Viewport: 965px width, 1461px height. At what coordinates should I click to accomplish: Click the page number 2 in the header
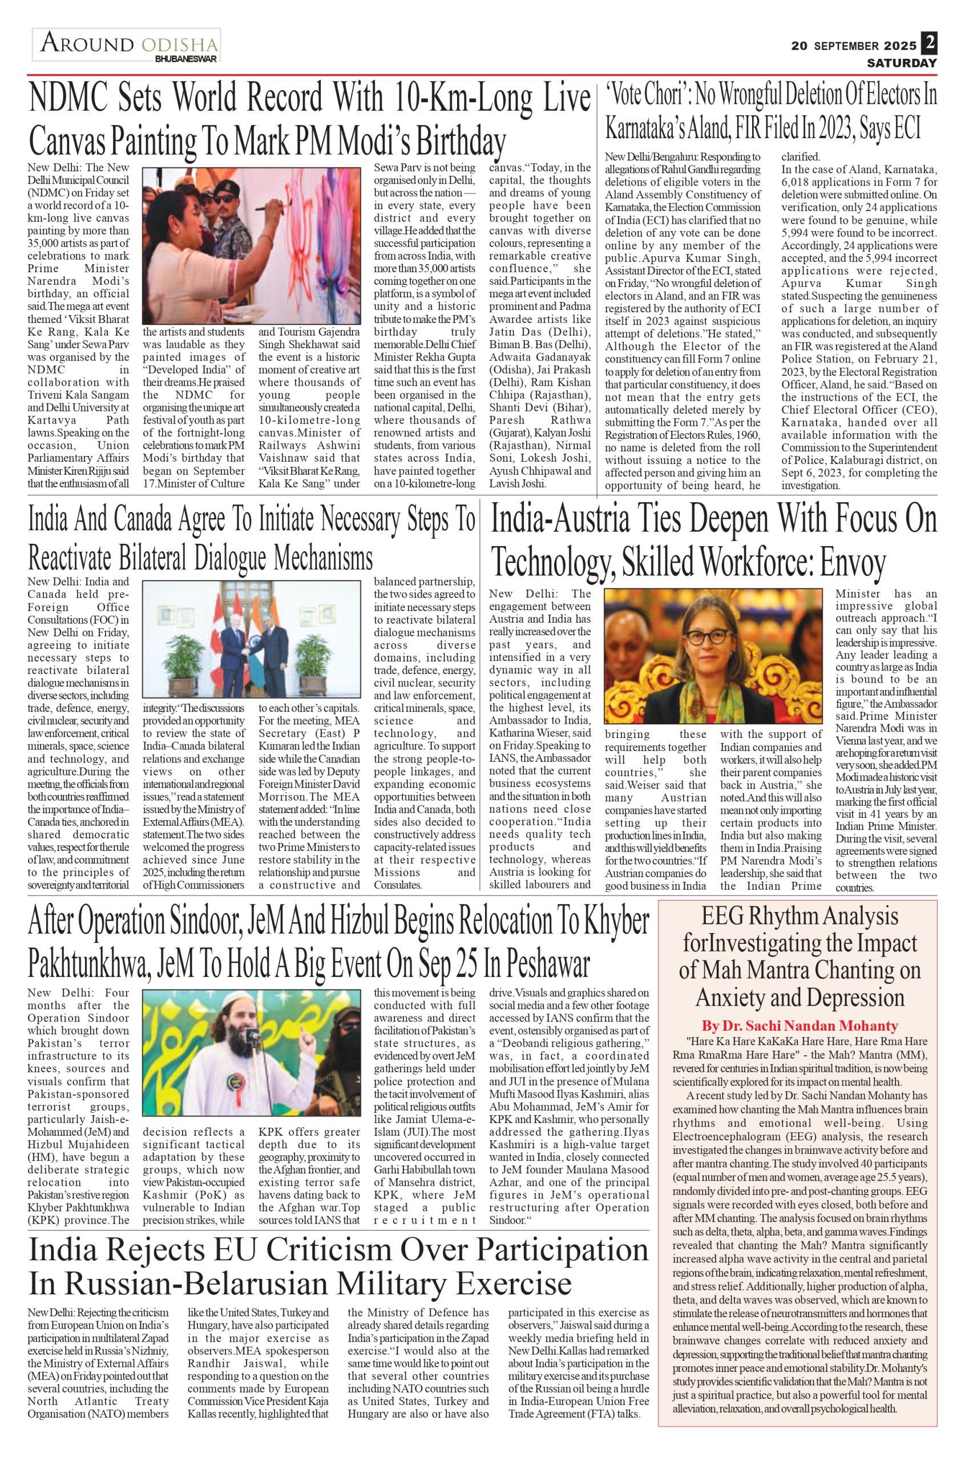(929, 44)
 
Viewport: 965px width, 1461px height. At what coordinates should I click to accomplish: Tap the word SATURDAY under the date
(902, 63)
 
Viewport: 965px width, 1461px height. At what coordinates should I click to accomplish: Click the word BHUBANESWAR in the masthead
(185, 59)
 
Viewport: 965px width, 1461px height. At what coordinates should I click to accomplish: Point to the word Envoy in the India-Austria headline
(853, 560)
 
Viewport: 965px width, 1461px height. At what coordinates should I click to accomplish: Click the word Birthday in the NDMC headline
(461, 142)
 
